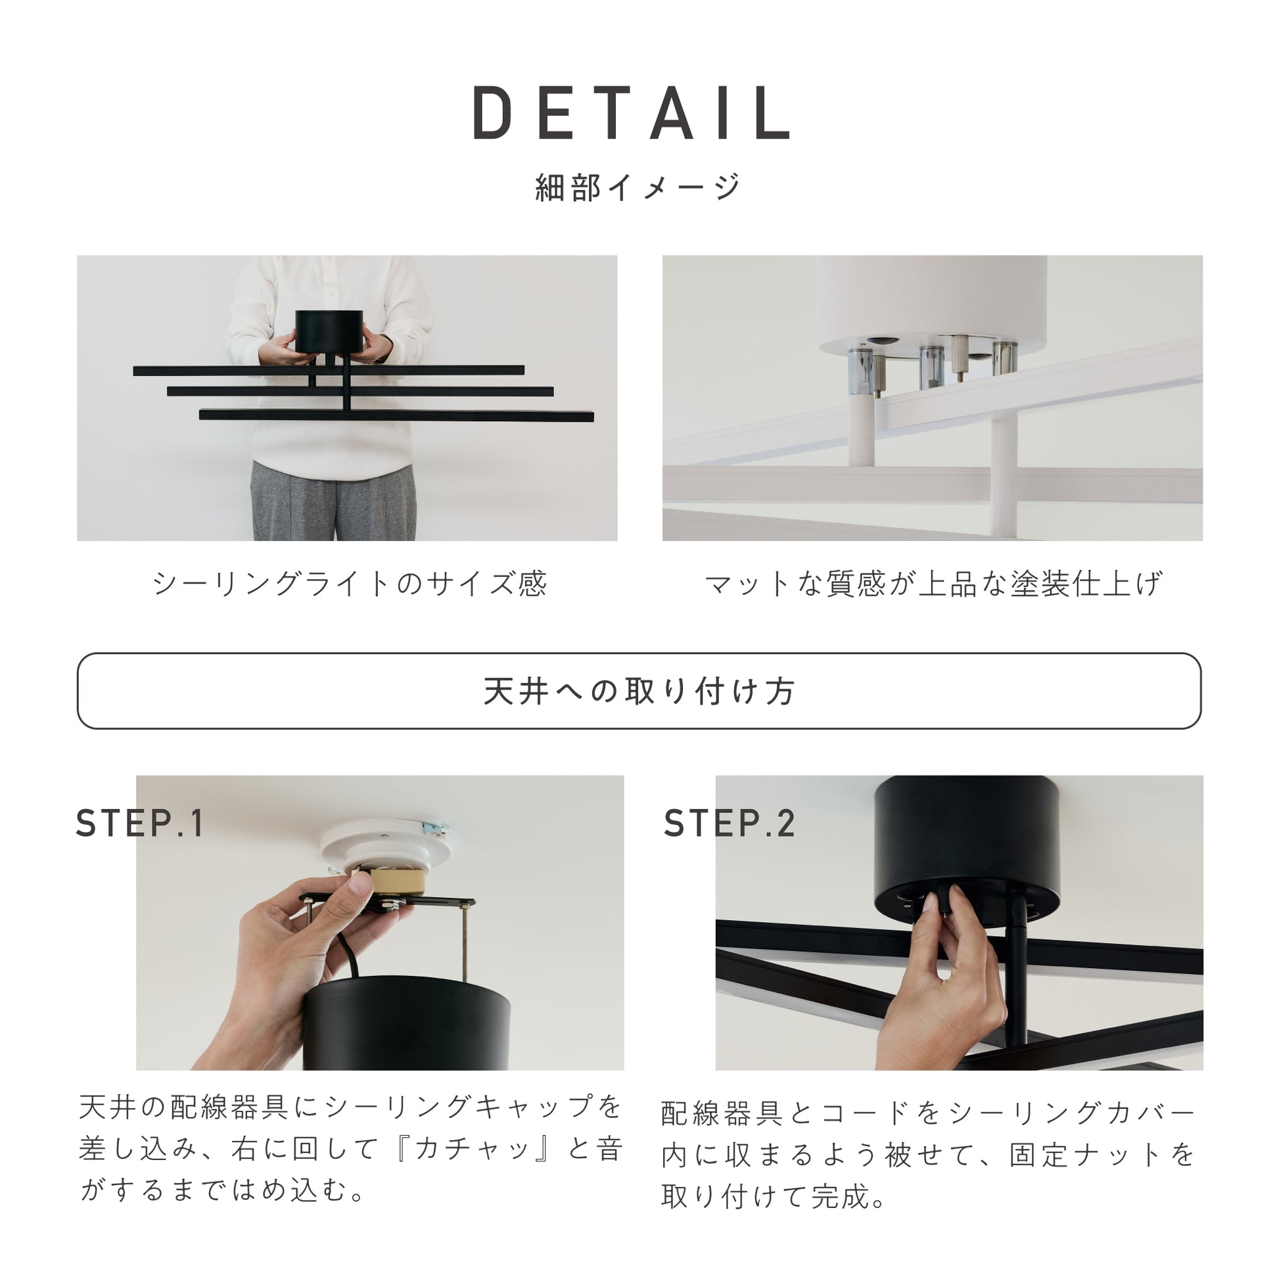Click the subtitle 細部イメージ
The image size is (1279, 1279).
(638, 187)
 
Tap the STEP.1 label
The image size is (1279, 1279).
(140, 824)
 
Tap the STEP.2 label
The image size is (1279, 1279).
(729, 824)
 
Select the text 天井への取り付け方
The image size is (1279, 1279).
(639, 691)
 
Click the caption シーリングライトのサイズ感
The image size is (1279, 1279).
(350, 583)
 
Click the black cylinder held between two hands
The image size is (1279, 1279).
(329, 331)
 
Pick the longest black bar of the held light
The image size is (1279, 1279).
(396, 416)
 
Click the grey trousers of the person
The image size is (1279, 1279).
(334, 501)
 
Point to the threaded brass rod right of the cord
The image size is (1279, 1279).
(464, 944)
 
